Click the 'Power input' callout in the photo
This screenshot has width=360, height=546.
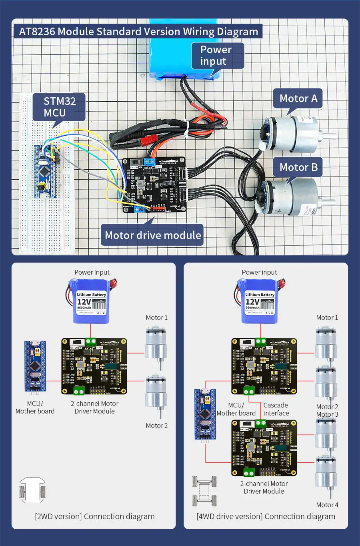click(x=216, y=55)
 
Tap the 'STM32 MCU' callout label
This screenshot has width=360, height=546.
click(x=59, y=107)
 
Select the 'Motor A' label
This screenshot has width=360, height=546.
click(x=298, y=98)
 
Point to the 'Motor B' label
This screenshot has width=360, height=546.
click(x=298, y=167)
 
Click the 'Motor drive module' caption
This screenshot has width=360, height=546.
click(x=152, y=235)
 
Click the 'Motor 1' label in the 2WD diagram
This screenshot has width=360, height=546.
click(x=156, y=317)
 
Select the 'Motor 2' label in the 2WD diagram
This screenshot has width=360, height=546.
click(x=156, y=426)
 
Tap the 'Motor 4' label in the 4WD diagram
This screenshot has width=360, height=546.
click(x=327, y=505)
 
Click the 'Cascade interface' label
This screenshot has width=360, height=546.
click(x=276, y=409)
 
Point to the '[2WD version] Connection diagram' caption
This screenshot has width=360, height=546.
click(x=95, y=516)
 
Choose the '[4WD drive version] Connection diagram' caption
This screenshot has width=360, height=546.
click(x=266, y=516)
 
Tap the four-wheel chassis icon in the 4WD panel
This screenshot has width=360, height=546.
click(x=204, y=491)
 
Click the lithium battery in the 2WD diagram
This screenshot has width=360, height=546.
click(x=91, y=301)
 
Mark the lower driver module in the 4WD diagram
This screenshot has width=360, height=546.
click(x=264, y=448)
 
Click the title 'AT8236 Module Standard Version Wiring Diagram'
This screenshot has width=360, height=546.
click(x=138, y=32)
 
